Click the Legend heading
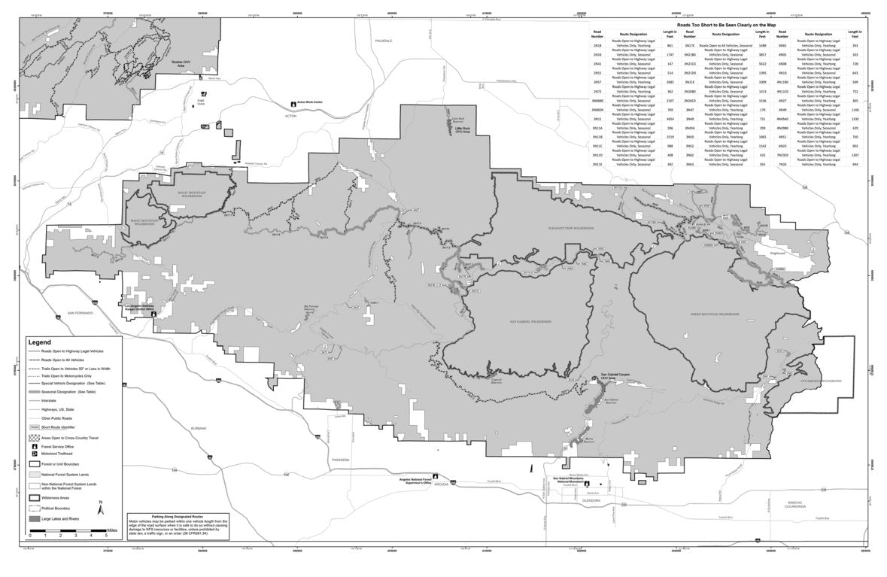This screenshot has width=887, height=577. pos(40,342)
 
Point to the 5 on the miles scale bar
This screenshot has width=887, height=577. pos(106,536)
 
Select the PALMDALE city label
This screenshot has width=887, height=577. pos(384,41)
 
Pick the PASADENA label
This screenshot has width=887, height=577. pos(341,458)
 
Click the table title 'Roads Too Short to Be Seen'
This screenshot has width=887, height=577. pos(726,25)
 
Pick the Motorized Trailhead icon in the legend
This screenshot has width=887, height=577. pos(34,454)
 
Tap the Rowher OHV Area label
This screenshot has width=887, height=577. pos(178,64)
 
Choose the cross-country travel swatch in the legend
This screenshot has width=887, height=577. pos(34,436)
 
